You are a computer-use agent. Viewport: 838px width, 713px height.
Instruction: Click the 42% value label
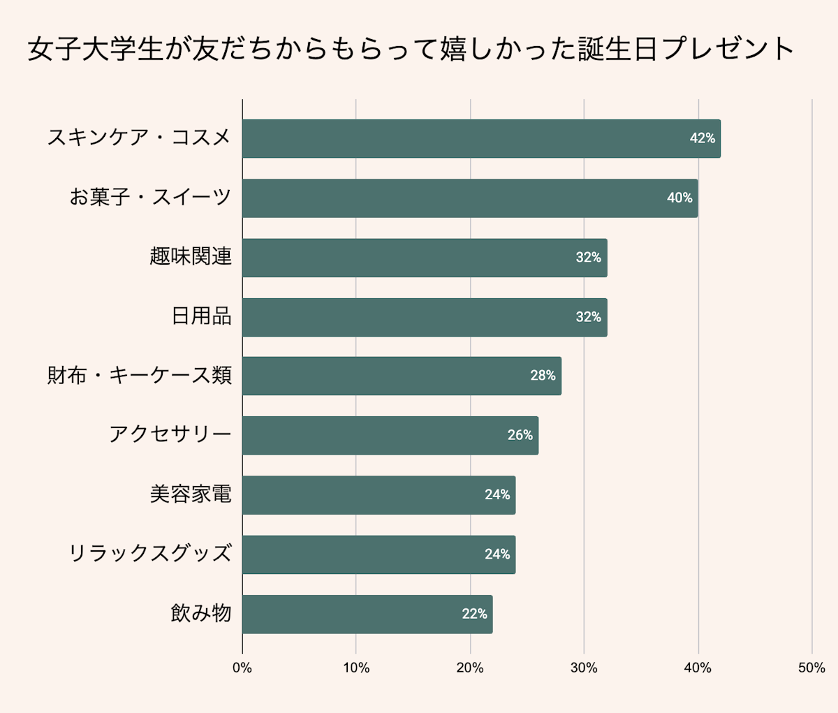click(702, 138)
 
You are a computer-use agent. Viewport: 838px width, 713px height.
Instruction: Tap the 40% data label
click(679, 198)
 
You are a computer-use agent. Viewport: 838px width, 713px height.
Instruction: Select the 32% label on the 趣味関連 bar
click(588, 258)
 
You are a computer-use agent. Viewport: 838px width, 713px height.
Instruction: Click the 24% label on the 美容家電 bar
click(497, 494)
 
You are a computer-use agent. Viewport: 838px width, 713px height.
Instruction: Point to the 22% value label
click(474, 614)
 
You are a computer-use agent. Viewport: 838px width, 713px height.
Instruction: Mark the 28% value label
click(543, 376)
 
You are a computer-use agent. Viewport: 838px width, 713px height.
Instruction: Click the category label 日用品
click(201, 316)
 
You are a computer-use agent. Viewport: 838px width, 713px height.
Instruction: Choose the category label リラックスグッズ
click(149, 554)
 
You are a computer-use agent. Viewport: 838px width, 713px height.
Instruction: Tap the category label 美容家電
click(190, 494)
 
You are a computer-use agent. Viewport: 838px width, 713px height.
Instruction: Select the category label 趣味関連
click(190, 257)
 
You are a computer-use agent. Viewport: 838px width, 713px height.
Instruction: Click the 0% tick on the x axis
click(242, 668)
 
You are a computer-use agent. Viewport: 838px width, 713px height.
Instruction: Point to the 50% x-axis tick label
click(811, 668)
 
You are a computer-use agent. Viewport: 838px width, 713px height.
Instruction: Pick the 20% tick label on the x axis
click(470, 668)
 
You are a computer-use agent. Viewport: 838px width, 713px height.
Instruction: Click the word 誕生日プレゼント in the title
click(686, 50)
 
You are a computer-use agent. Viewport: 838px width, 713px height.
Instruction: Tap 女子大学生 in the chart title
click(95, 50)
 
